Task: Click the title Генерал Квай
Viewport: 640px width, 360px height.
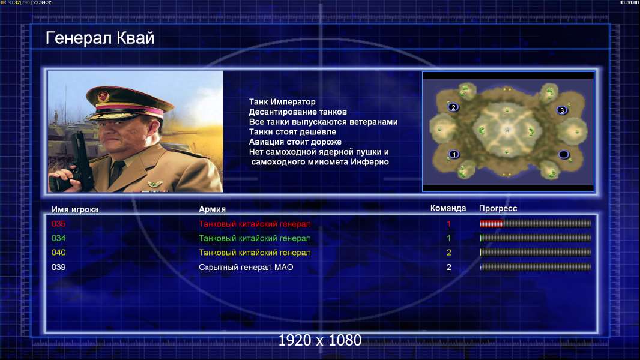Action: (x=100, y=38)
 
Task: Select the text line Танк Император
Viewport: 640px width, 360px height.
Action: (x=282, y=102)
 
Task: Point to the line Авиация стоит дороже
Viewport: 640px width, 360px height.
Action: (x=295, y=142)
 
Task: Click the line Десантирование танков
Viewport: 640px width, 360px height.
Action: (x=298, y=112)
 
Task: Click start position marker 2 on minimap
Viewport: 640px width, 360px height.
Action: (x=453, y=107)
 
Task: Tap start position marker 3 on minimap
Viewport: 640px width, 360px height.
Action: (x=562, y=110)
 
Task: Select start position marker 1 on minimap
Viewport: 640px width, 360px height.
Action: (x=454, y=155)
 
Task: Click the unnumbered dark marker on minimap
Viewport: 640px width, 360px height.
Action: (x=564, y=155)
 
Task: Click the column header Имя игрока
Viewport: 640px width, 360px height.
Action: (x=75, y=209)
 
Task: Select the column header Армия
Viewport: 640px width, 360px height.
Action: (x=213, y=209)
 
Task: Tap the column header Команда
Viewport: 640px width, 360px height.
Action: (x=448, y=208)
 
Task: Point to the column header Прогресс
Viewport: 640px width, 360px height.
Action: (x=498, y=209)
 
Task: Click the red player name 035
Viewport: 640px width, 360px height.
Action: (x=58, y=224)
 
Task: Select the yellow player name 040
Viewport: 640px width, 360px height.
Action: (x=58, y=253)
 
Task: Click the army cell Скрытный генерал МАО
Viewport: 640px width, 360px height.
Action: (x=246, y=268)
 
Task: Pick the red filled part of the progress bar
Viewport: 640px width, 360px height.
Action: (x=492, y=223)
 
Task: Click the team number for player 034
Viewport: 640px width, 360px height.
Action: (x=448, y=238)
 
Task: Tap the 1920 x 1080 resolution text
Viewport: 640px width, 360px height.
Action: (x=320, y=340)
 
